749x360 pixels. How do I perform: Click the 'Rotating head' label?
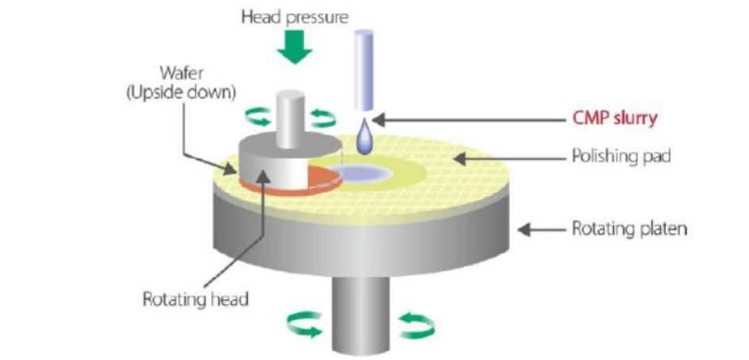pos(195,300)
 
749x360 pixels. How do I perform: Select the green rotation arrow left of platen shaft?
pos(304,323)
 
